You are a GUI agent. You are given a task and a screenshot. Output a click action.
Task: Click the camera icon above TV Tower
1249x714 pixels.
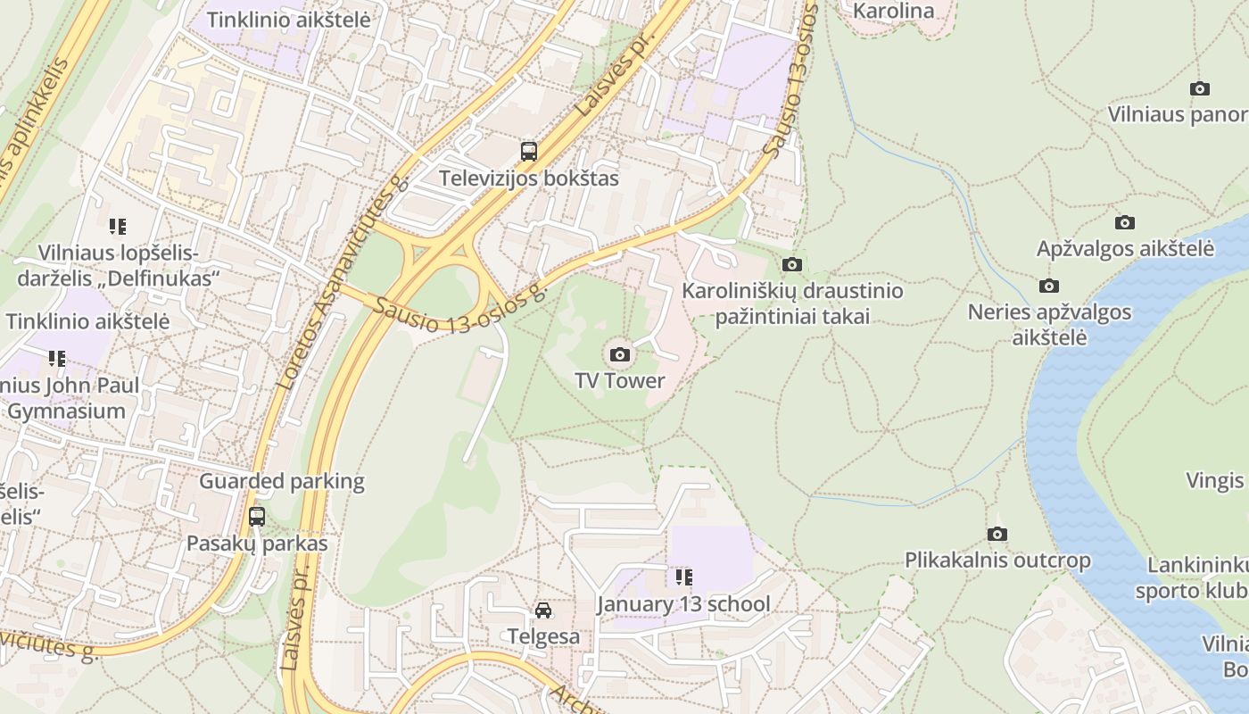click(x=620, y=355)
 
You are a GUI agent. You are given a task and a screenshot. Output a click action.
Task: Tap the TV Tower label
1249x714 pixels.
click(x=620, y=381)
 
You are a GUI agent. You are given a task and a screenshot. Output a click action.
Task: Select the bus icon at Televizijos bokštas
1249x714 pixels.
click(x=529, y=151)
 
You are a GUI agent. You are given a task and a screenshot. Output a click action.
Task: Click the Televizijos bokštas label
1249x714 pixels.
click(x=529, y=178)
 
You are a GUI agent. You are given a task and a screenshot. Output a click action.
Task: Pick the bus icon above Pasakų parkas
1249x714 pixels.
click(x=257, y=516)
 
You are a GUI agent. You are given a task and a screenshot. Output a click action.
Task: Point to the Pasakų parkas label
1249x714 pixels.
click(x=257, y=544)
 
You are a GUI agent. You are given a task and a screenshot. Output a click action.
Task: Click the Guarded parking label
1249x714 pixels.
click(x=282, y=482)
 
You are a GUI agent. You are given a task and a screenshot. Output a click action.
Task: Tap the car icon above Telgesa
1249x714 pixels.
click(x=543, y=610)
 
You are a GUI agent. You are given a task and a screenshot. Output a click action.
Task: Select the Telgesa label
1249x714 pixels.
click(x=543, y=637)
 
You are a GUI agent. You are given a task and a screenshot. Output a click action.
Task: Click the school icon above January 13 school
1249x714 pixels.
click(x=683, y=577)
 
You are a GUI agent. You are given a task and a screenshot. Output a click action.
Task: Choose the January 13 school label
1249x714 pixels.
click(x=683, y=604)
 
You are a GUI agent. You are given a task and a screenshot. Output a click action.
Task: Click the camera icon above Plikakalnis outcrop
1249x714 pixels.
click(x=997, y=535)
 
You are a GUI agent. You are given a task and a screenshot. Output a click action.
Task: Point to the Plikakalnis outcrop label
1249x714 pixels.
click(x=997, y=561)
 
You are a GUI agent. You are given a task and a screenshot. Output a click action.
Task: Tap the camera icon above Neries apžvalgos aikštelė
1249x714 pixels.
click(x=1049, y=286)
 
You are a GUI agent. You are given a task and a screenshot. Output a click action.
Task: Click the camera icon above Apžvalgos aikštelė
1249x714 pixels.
click(x=1125, y=222)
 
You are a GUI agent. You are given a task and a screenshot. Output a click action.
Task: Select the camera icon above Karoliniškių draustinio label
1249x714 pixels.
click(x=791, y=264)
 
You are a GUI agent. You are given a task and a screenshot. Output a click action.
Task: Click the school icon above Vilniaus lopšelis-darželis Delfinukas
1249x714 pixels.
click(x=118, y=227)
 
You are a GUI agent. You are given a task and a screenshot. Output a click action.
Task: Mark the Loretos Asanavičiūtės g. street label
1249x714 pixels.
click(x=343, y=282)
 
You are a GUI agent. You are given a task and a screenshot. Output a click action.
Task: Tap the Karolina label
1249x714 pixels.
click(x=894, y=12)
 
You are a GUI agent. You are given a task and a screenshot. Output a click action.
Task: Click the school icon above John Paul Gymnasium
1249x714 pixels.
click(x=57, y=359)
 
